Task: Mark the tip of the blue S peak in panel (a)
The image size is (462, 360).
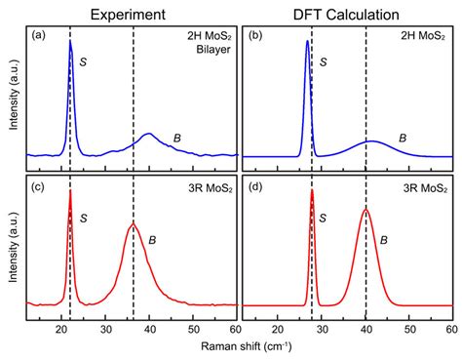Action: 70,42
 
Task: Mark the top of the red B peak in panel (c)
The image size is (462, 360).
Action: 134,224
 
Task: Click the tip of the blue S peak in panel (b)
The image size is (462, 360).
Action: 307,41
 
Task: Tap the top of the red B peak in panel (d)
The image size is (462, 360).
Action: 366,209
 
